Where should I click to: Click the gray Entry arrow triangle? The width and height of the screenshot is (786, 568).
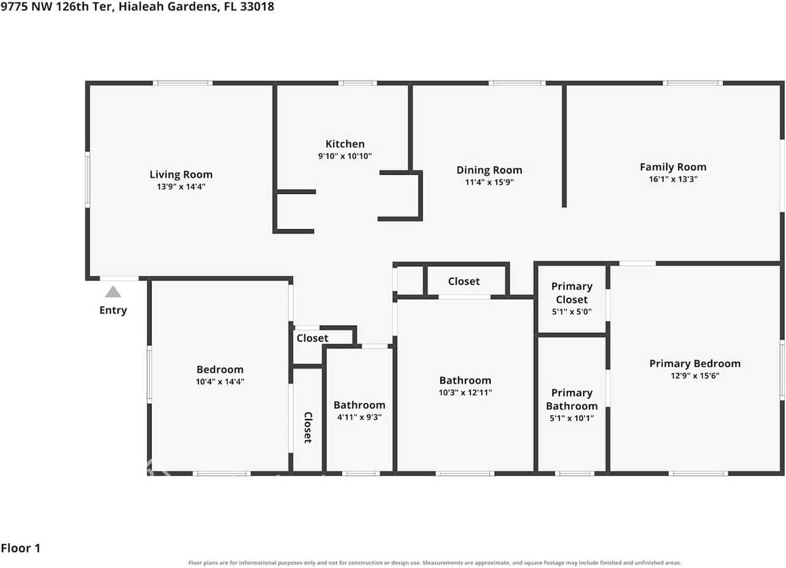click(x=113, y=292)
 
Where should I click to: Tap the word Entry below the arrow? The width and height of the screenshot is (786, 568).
click(x=113, y=310)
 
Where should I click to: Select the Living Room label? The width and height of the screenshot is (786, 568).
click(x=181, y=175)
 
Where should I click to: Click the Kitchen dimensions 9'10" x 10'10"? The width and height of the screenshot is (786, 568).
click(x=345, y=156)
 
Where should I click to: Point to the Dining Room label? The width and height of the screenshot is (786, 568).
click(x=489, y=170)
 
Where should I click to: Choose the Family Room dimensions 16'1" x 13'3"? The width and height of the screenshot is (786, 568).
click(x=673, y=179)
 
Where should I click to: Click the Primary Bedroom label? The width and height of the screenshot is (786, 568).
click(x=695, y=364)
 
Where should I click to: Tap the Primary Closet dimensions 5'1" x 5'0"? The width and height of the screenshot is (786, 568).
click(x=572, y=312)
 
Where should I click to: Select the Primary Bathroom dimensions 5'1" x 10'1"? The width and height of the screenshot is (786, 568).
click(x=572, y=418)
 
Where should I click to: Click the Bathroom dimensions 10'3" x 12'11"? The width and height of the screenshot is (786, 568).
click(x=465, y=393)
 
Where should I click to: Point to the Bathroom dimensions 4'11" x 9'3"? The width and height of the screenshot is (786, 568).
click(x=359, y=417)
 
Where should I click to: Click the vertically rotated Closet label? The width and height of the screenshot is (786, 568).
click(x=308, y=428)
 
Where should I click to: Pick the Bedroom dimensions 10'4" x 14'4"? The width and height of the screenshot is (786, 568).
click(x=220, y=382)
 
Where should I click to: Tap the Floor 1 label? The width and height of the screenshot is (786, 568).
click(x=21, y=548)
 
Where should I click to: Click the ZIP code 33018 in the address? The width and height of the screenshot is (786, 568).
click(x=257, y=7)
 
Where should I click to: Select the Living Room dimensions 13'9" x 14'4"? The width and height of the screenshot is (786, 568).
click(x=181, y=186)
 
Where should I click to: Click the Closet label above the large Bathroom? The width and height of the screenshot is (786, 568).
click(x=464, y=281)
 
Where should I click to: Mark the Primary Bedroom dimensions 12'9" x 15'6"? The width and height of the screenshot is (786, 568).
click(x=695, y=376)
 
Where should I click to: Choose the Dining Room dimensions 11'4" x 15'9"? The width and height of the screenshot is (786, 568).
click(x=489, y=182)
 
